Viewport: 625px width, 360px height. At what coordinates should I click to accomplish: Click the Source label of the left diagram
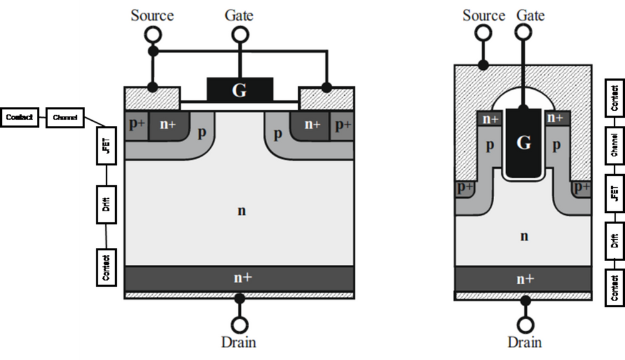pos(151,14)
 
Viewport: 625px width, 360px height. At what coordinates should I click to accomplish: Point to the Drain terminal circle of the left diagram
pos(238,325)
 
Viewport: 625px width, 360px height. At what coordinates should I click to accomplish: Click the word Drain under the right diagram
pos(524,342)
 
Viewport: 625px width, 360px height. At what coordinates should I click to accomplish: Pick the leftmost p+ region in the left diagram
pos(136,124)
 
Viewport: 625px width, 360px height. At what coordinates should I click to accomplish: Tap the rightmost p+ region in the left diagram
pos(342,124)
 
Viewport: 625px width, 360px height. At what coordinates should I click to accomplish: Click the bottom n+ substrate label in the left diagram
pos(240,277)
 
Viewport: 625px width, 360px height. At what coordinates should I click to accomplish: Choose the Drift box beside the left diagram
pos(105,203)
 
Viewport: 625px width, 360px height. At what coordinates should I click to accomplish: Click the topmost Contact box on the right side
pos(614,98)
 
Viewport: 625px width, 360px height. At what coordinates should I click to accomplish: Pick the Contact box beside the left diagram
pos(105,266)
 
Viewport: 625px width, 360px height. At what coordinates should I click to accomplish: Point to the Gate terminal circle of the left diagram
pos(238,36)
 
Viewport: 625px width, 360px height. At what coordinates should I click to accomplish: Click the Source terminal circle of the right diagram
pos(483,36)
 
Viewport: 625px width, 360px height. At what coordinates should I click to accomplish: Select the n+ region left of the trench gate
pos(489,118)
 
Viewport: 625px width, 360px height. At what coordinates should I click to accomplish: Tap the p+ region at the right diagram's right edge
pos(581,188)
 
